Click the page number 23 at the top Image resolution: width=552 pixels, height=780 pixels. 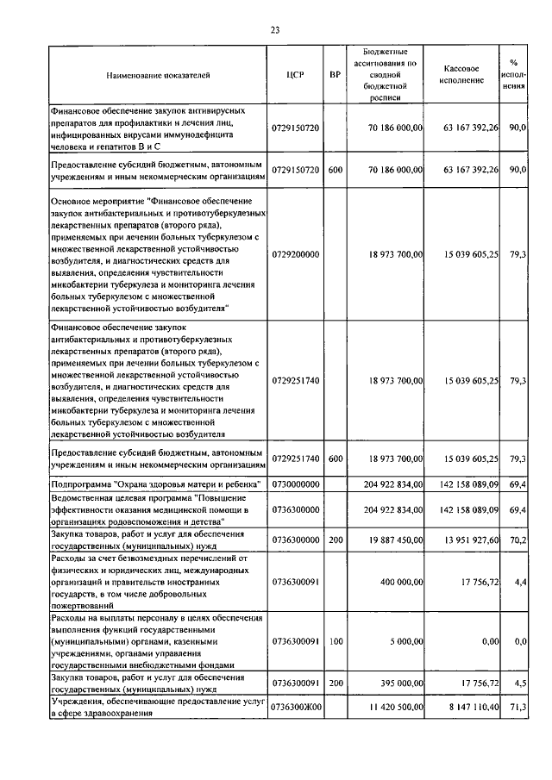tap(275, 30)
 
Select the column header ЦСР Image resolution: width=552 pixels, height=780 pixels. tap(295, 75)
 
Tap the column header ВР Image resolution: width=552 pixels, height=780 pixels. tap(335, 75)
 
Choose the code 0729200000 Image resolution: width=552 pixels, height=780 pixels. tap(295, 255)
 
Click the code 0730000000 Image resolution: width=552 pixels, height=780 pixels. tap(295, 486)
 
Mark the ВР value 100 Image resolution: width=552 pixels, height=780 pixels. tap(335, 642)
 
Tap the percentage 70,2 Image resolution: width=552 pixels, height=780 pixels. tap(518, 540)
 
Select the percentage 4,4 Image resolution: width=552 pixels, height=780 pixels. tap(521, 583)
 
